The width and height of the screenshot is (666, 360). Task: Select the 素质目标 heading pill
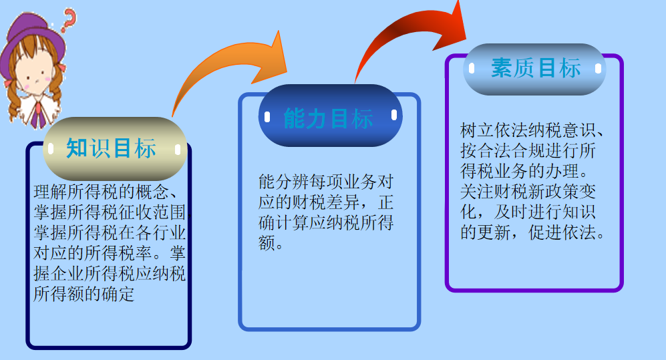pyautogui.click(x=534, y=69)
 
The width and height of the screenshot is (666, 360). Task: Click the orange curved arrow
pyautogui.click(x=230, y=70)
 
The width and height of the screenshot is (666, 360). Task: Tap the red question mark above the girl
pyautogui.click(x=67, y=20)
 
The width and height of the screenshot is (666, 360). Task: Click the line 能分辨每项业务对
pyautogui.click(x=325, y=182)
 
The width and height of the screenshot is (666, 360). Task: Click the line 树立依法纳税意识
pyautogui.click(x=532, y=129)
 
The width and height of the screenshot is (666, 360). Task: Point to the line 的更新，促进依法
pyautogui.click(x=532, y=234)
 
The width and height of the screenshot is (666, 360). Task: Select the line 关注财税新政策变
pyautogui.click(x=528, y=192)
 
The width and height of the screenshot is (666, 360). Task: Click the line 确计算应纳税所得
pyautogui.click(x=326, y=222)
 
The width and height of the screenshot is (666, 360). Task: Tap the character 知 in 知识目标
pyautogui.click(x=77, y=148)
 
